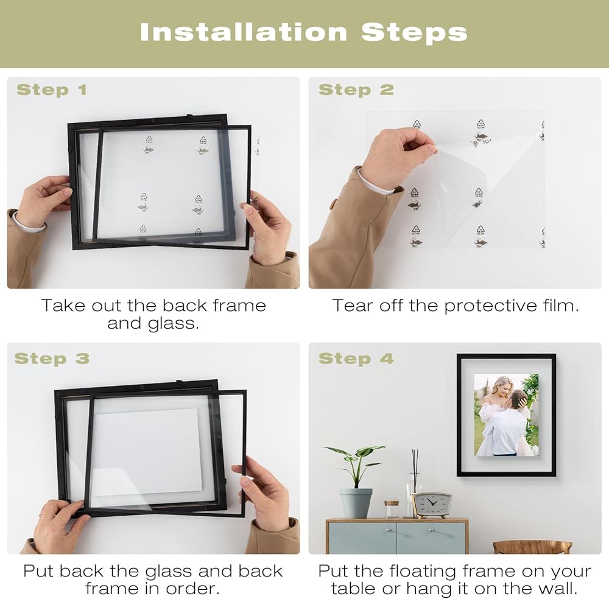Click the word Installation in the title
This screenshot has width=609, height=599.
[x=244, y=32]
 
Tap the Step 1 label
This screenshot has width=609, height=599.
[x=52, y=89]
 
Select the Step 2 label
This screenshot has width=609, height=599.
[x=356, y=89]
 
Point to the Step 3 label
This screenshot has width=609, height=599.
[x=52, y=359]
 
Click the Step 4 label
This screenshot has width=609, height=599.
[x=356, y=359]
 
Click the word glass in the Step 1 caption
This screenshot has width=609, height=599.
[x=173, y=324]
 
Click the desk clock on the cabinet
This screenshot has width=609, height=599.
[x=432, y=505]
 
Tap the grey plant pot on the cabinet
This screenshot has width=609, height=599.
[x=356, y=503]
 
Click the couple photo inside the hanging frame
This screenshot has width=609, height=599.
[x=506, y=415]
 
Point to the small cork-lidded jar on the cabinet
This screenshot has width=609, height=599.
[x=392, y=510]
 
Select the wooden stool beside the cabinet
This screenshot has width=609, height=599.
[x=532, y=547]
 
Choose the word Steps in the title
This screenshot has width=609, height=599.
[x=414, y=33]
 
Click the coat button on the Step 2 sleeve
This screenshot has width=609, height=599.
[x=333, y=204]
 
